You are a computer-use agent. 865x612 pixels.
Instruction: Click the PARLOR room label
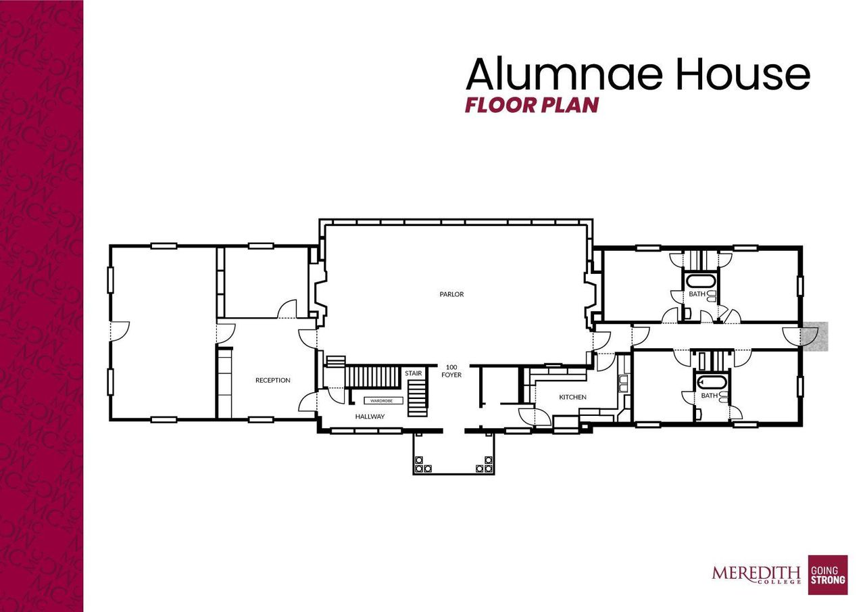[x=451, y=294]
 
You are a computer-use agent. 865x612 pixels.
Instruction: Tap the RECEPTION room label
[x=272, y=380]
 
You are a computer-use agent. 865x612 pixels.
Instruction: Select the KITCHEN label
[x=572, y=397]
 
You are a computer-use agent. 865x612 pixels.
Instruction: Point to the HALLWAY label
[x=370, y=417]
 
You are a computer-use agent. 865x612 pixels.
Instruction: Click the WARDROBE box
[x=382, y=400]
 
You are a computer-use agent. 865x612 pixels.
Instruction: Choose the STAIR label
[x=414, y=373]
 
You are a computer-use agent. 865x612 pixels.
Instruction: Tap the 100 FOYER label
[x=451, y=371]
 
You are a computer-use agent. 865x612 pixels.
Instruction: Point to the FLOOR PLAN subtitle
[x=532, y=105]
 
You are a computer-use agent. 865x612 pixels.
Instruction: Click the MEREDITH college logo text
[x=756, y=574]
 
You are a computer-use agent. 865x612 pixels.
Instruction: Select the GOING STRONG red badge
[x=828, y=575]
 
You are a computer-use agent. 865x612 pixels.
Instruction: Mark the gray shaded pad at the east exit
[x=814, y=336]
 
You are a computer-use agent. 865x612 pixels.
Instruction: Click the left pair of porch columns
[x=420, y=464]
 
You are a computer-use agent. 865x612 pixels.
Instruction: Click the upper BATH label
[x=697, y=294]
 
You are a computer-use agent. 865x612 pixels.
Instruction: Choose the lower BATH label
[x=709, y=396]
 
